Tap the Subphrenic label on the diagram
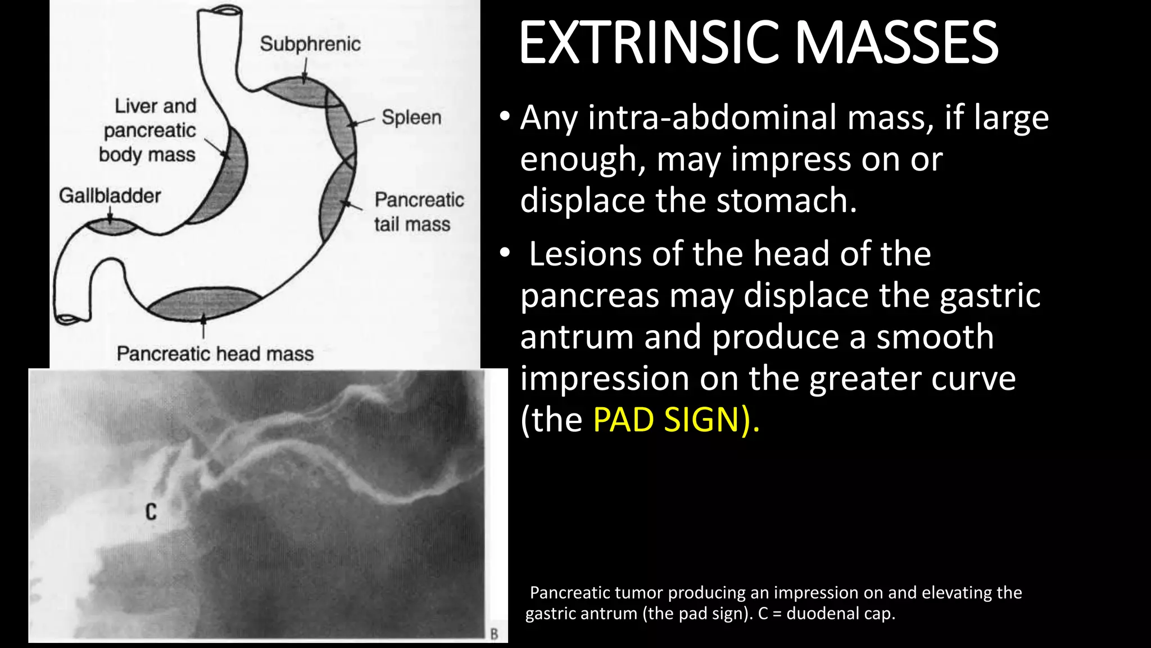[x=310, y=44]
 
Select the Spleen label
[x=411, y=117]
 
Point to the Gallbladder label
[x=110, y=196]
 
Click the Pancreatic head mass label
[x=215, y=354]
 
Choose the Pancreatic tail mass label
[x=418, y=212]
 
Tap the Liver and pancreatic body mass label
[x=149, y=130]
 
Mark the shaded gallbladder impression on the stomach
[x=111, y=227]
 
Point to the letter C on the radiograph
[x=151, y=511]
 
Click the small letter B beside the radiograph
[x=494, y=634]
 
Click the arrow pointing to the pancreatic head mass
[x=203, y=326]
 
